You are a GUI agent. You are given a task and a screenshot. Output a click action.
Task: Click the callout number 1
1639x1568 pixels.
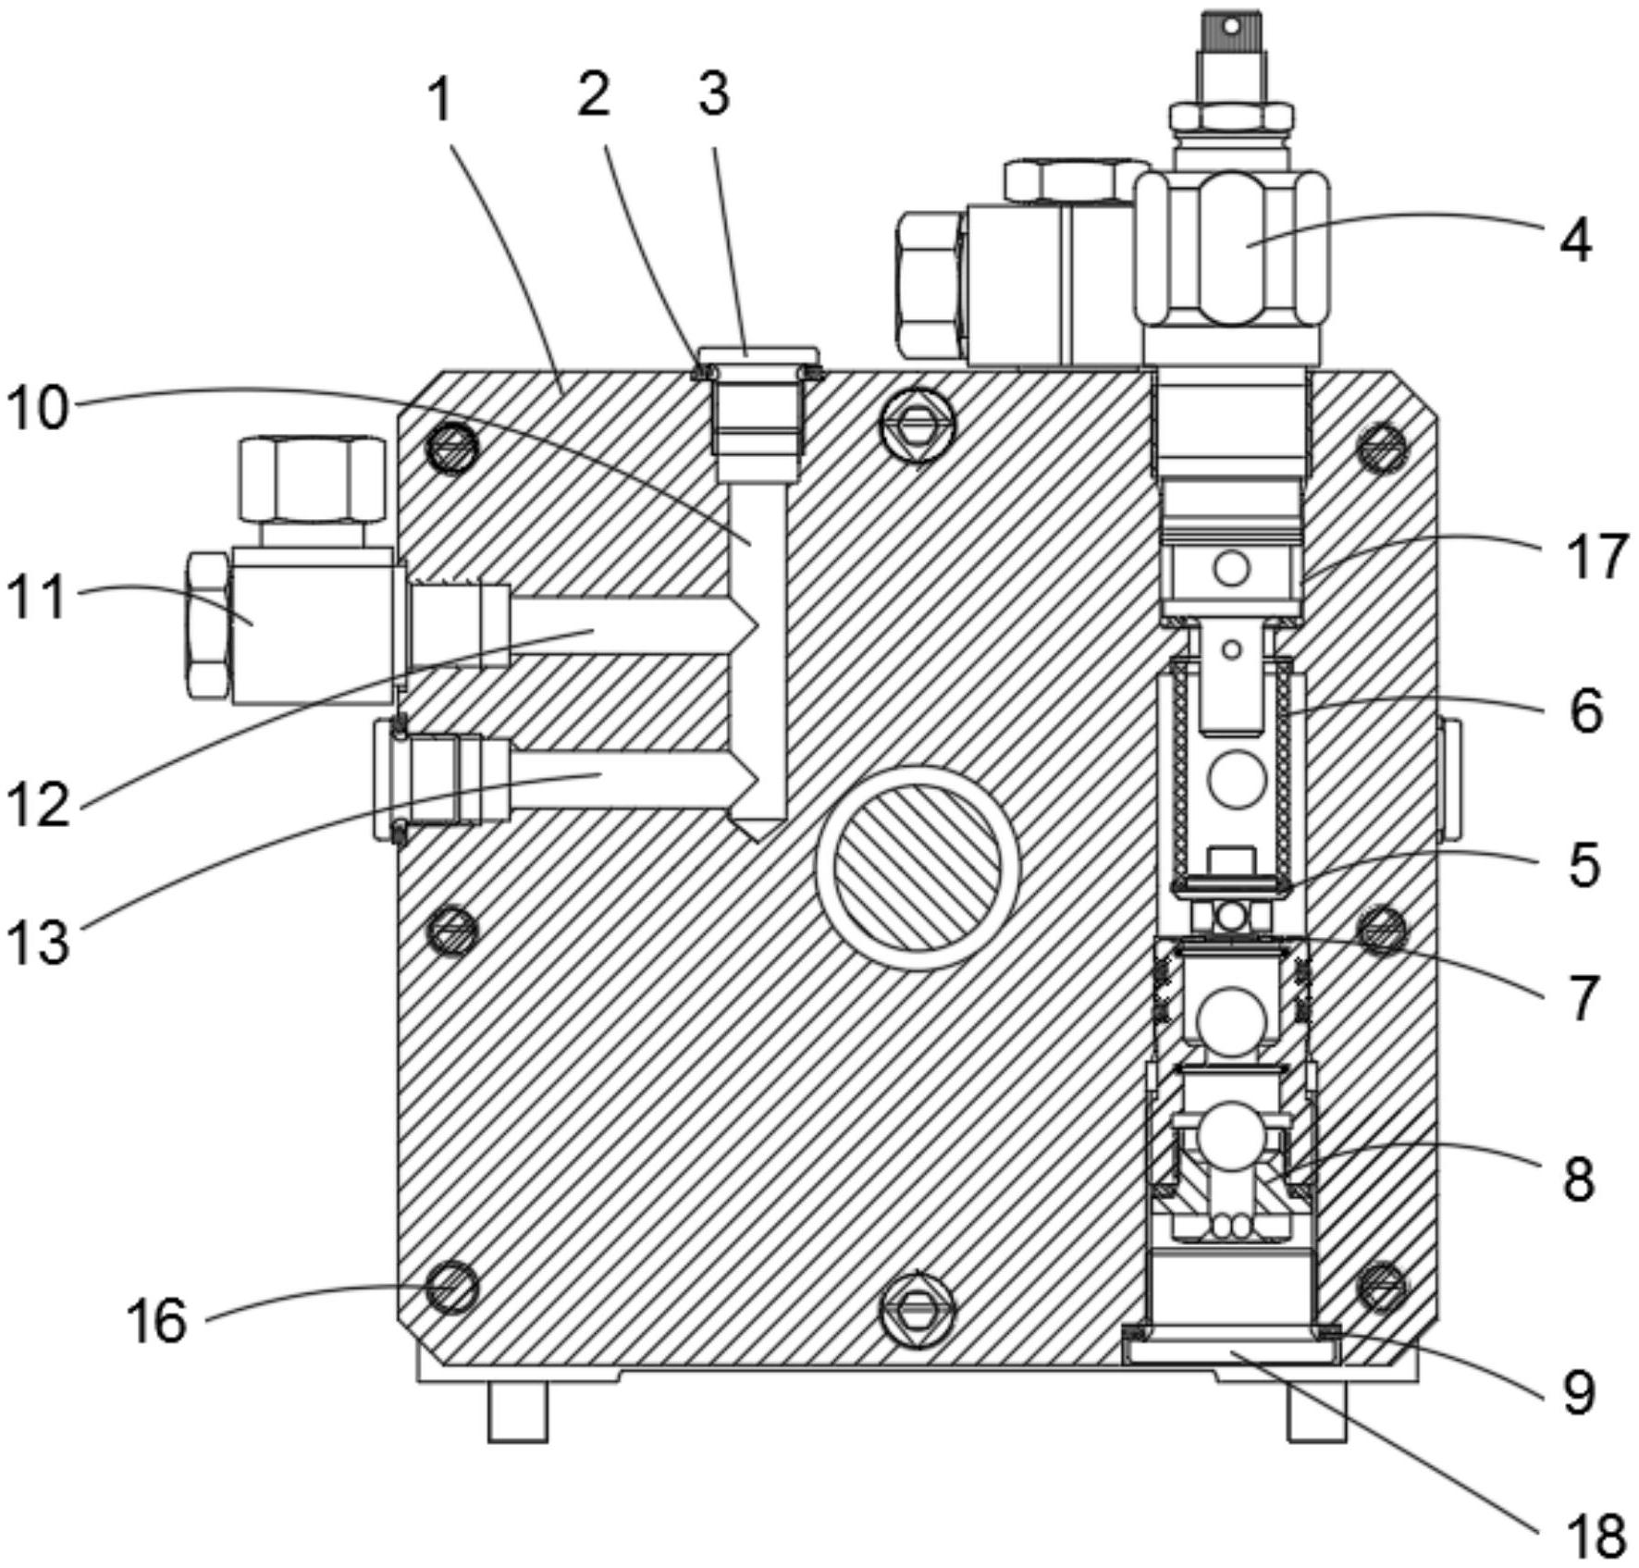(x=441, y=100)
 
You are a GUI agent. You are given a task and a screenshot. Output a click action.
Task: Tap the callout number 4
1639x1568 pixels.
(x=1575, y=241)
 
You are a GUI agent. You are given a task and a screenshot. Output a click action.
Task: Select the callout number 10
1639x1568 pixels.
(x=37, y=407)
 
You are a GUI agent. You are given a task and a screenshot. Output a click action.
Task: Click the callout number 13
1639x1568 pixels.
(x=37, y=943)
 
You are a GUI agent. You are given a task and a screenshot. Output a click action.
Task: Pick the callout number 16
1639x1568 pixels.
(x=157, y=1320)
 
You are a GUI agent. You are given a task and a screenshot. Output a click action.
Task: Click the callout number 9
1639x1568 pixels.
(x=1579, y=1392)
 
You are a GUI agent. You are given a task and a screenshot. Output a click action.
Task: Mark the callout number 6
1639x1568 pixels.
(x=1585, y=712)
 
